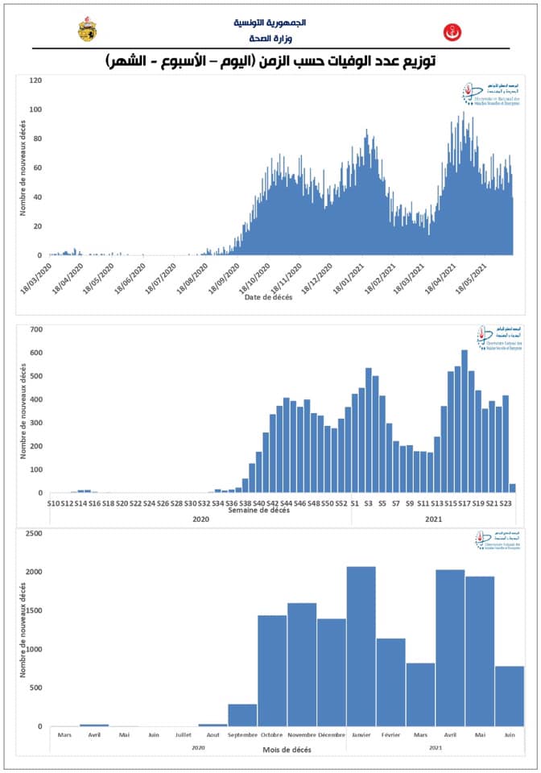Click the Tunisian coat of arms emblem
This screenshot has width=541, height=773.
click(x=86, y=30)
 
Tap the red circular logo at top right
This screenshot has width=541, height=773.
click(x=452, y=31)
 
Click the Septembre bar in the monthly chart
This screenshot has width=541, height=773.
click(x=242, y=715)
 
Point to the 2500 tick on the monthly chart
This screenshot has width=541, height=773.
click(x=33, y=533)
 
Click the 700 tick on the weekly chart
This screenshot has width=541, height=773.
click(x=36, y=329)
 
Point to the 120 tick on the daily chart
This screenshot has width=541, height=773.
click(x=35, y=81)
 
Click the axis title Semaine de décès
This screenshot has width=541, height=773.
click(x=259, y=511)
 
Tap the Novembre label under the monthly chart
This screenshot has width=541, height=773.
click(x=302, y=734)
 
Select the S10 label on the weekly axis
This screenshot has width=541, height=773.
click(x=53, y=503)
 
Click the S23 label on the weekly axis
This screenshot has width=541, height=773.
click(x=506, y=503)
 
